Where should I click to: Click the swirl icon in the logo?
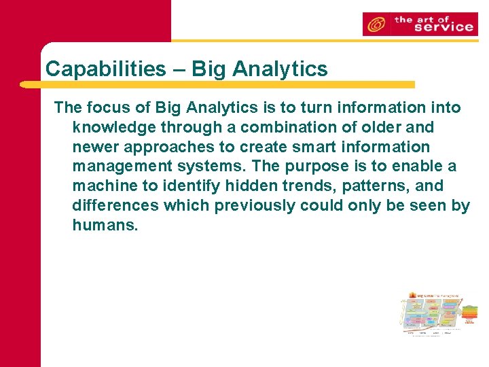(x=376, y=25)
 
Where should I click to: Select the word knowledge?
(x=113, y=127)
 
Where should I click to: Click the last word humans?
(x=105, y=226)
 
